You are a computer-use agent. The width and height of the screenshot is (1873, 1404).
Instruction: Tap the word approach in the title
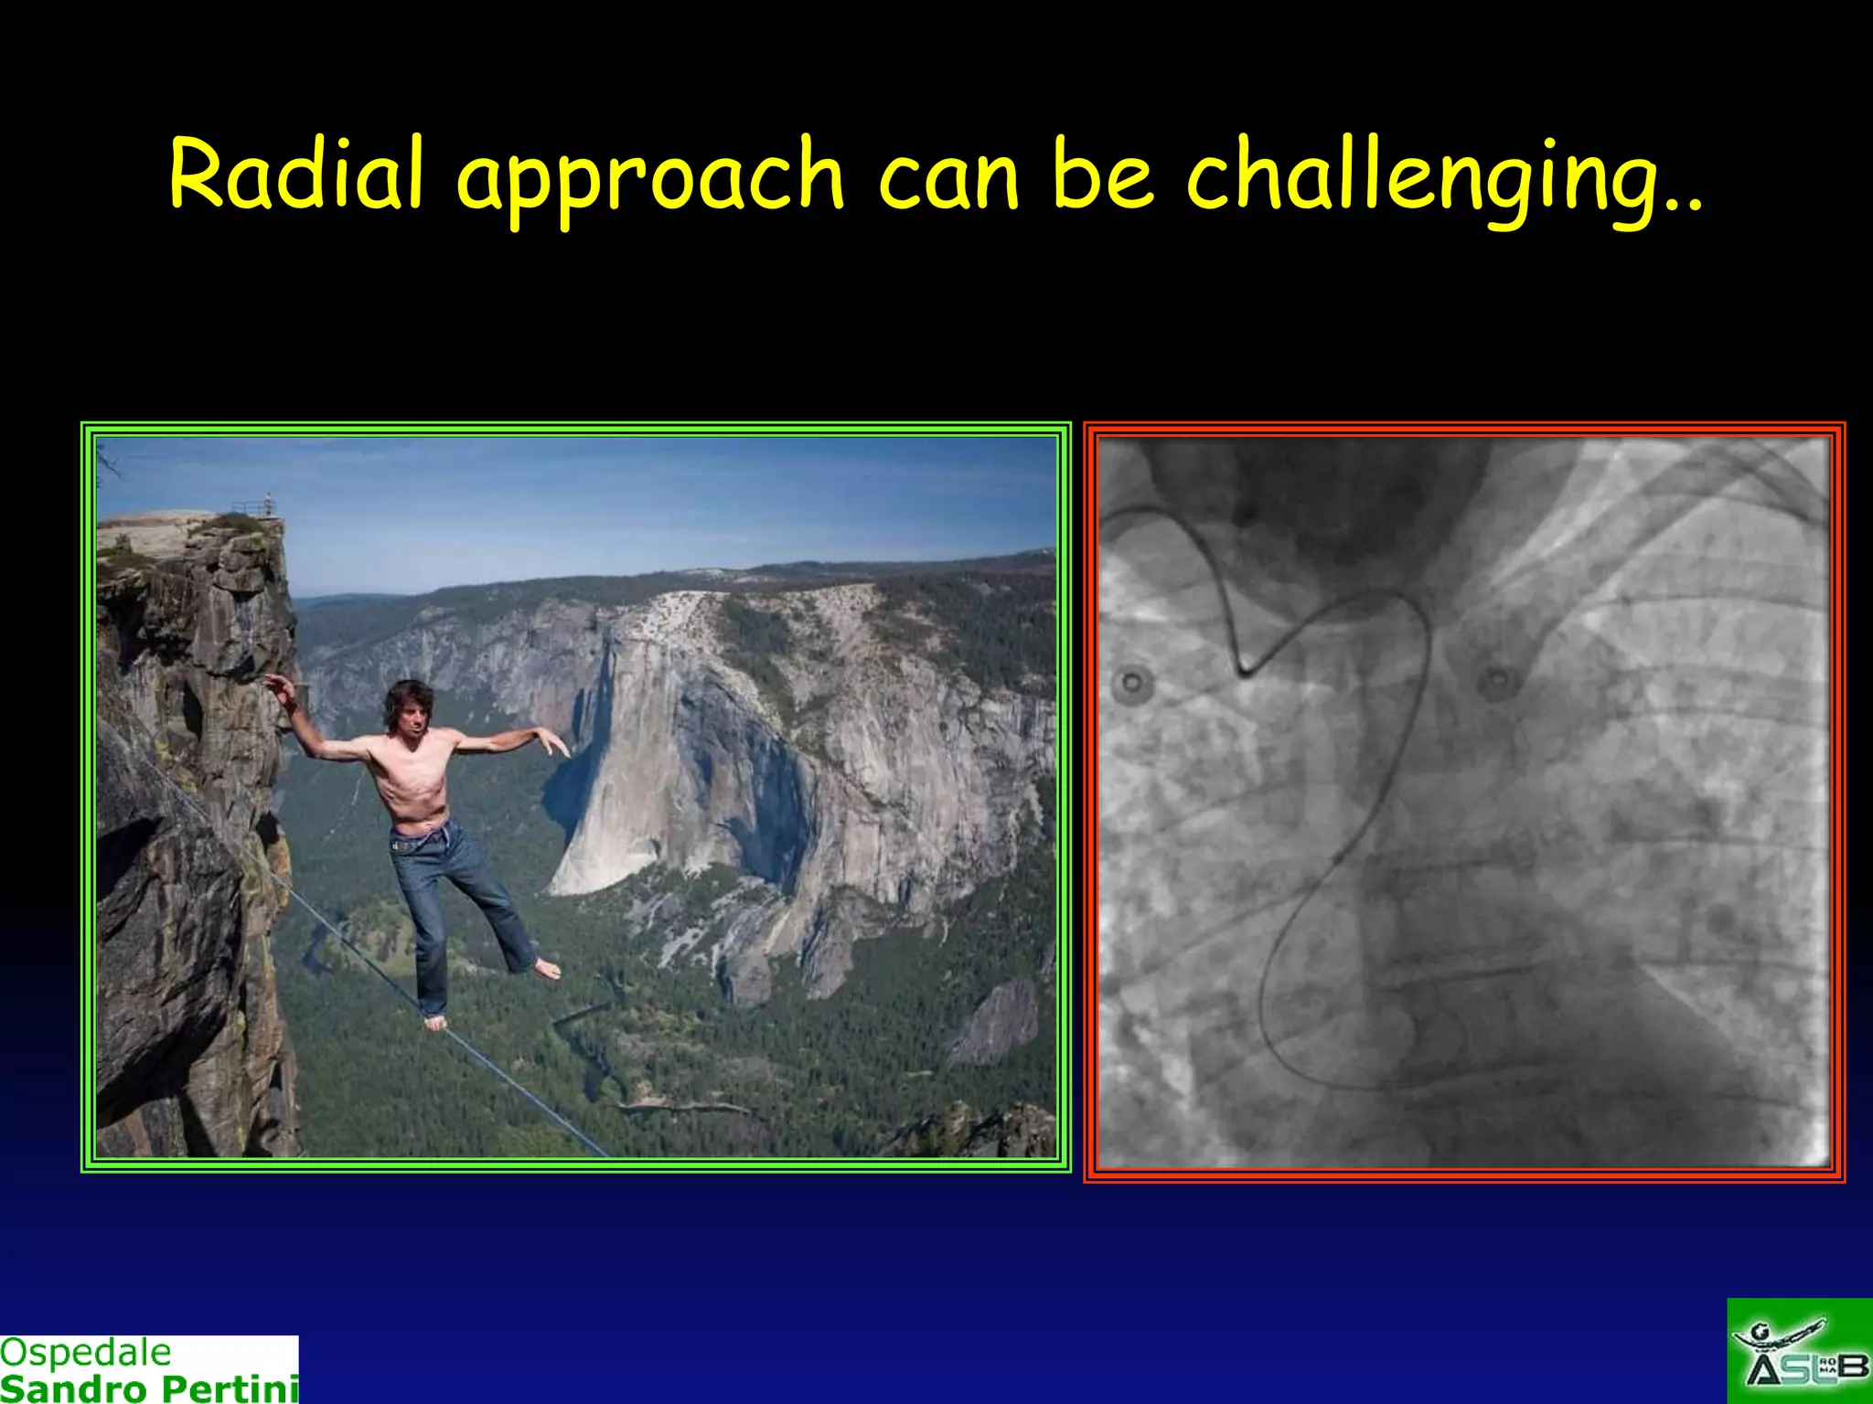(649, 178)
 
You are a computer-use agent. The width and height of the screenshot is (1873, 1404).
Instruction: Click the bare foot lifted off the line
(547, 970)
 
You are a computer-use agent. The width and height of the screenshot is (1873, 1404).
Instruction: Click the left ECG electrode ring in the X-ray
(1132, 683)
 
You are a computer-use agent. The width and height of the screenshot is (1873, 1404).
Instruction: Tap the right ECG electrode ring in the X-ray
(1496, 681)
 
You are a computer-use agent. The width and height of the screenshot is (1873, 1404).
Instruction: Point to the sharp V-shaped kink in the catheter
(1244, 672)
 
